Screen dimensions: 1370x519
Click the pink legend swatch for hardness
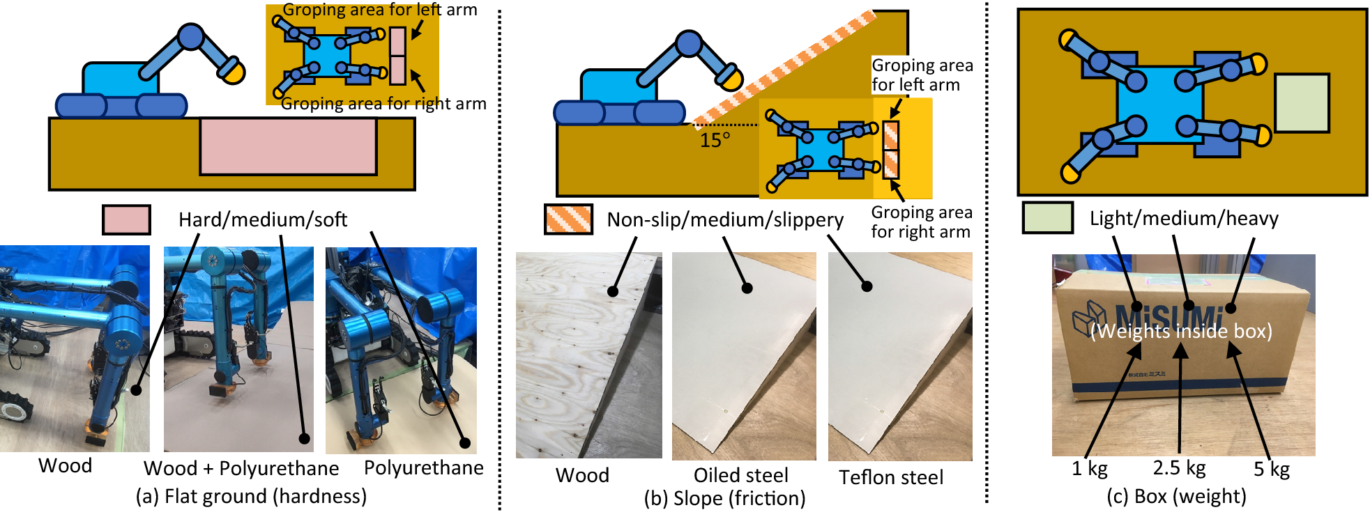point(126,219)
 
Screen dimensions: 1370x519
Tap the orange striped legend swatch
point(568,219)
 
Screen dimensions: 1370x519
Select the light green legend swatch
point(1047,217)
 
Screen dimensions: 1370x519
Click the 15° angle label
point(715,140)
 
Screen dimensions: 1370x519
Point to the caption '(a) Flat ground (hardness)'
point(251,496)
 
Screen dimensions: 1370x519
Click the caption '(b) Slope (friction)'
point(724,498)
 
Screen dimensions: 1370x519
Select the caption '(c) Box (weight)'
point(1176,496)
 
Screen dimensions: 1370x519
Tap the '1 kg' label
point(1089,468)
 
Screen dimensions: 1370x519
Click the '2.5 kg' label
point(1179,467)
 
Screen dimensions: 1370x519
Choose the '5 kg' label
point(1271,469)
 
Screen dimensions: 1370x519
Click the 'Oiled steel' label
point(740,475)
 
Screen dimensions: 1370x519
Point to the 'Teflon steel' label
point(891,477)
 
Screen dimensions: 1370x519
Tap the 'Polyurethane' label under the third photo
point(424,467)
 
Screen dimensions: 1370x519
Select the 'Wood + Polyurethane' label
point(241,468)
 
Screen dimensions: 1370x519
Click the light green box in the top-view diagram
point(1302,103)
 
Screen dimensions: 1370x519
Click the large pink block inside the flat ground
point(289,146)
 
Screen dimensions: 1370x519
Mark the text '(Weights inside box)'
point(1181,330)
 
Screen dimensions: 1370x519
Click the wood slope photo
point(588,355)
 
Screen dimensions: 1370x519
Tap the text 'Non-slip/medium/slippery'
point(725,219)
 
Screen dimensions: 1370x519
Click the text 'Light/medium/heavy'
point(1184,218)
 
